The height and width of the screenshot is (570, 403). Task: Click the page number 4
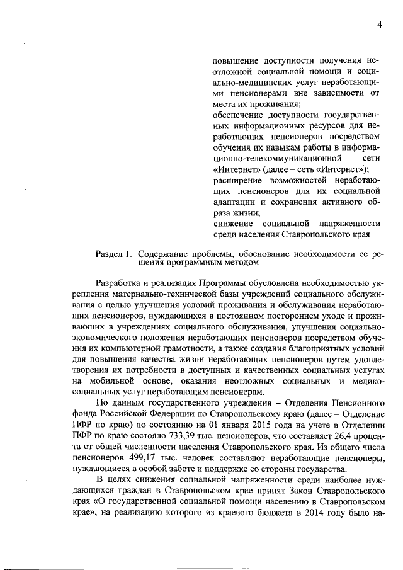[380, 25]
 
